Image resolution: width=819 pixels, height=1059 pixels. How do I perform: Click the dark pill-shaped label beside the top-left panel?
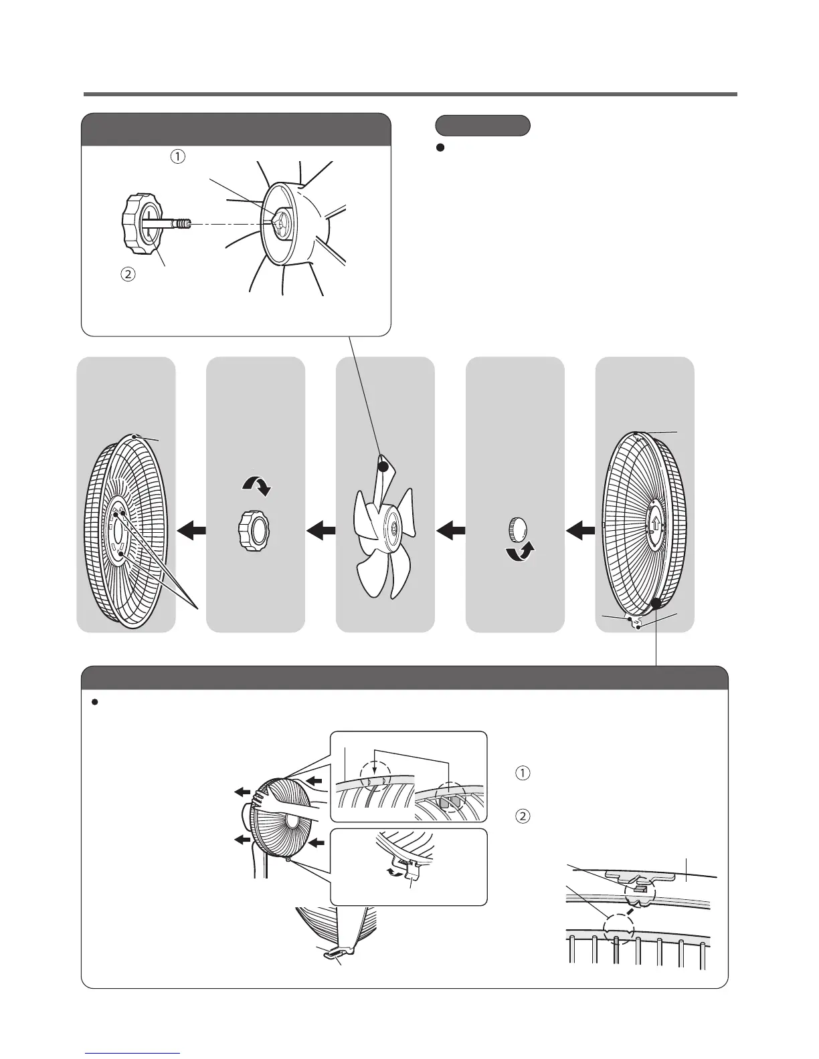(482, 125)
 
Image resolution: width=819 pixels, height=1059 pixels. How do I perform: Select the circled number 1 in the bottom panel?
(523, 774)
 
